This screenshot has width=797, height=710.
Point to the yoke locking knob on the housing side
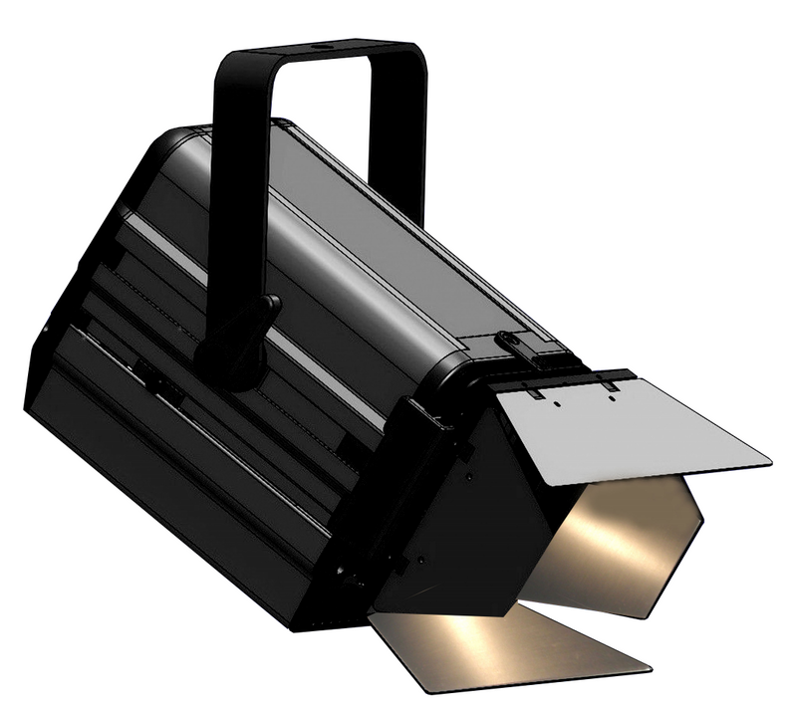pyautogui.click(x=239, y=339)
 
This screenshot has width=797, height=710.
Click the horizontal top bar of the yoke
pyautogui.click(x=319, y=56)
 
